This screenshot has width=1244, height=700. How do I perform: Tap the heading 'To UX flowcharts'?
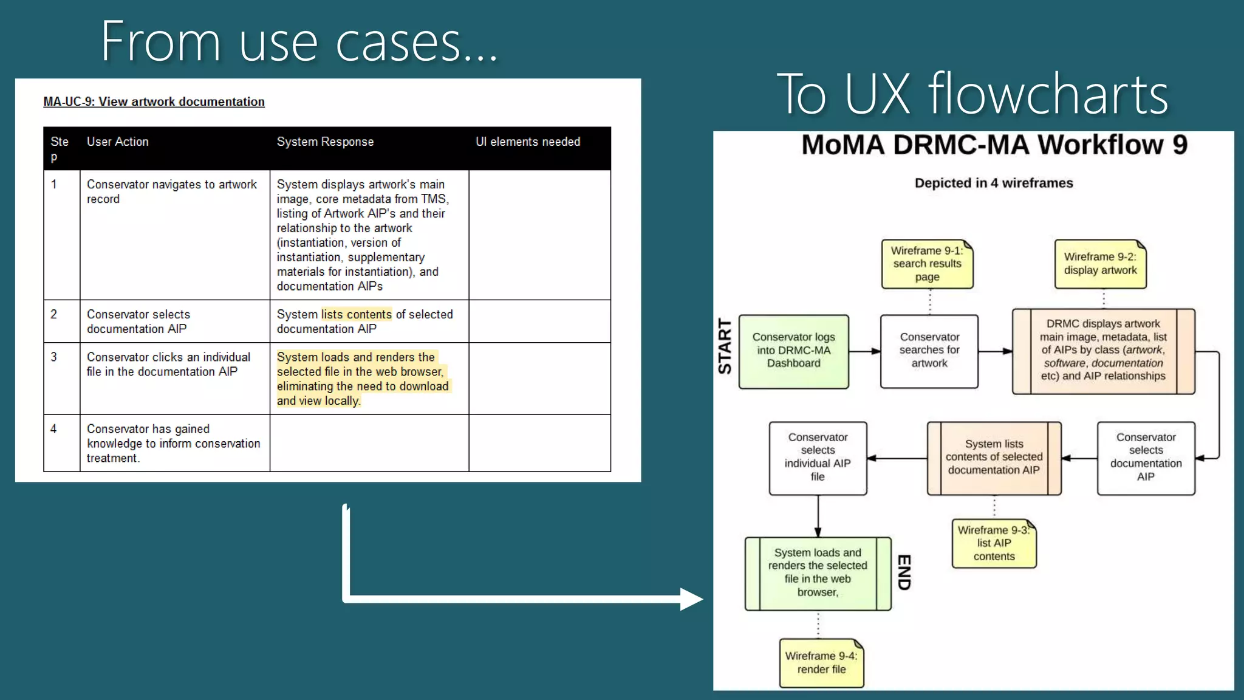972,94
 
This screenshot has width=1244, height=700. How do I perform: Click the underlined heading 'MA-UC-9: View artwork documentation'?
154,101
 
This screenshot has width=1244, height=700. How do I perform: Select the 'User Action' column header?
117,142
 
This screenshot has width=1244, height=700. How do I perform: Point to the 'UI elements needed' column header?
527,142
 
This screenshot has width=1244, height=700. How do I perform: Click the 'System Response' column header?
325,142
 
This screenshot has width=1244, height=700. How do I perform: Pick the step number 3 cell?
54,357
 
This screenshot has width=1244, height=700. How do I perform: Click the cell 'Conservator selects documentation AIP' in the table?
138,321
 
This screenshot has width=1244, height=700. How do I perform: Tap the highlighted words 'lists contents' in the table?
356,314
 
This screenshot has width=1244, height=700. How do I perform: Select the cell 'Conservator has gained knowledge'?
173,443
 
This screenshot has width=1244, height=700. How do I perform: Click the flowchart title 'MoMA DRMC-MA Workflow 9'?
994,145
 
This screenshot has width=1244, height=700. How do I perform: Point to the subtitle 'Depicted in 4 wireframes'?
994,183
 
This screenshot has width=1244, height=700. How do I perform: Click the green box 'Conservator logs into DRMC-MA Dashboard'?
793,351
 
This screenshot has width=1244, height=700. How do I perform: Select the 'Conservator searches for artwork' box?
929,351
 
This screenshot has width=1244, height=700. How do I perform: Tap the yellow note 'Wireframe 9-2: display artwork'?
1100,264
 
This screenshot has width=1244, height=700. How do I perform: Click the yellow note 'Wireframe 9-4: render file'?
821,662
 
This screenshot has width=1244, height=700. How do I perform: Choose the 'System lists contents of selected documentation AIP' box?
994,457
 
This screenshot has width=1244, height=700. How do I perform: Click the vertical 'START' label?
725,346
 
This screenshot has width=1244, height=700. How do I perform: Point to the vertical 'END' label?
904,572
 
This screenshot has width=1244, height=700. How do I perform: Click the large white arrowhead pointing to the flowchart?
691,599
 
